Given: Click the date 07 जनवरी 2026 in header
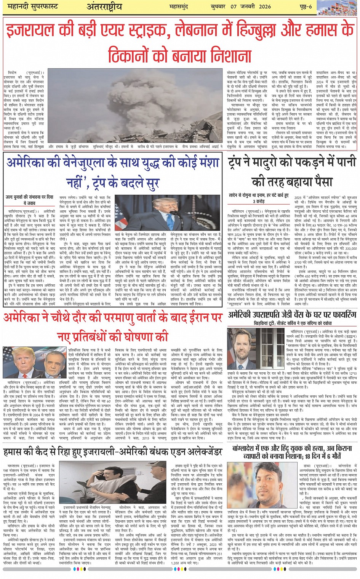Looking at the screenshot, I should tap(251, 7).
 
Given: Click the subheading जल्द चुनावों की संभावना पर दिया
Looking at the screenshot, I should tap(29, 197).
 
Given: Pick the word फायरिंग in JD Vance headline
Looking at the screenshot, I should tap(341, 314).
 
